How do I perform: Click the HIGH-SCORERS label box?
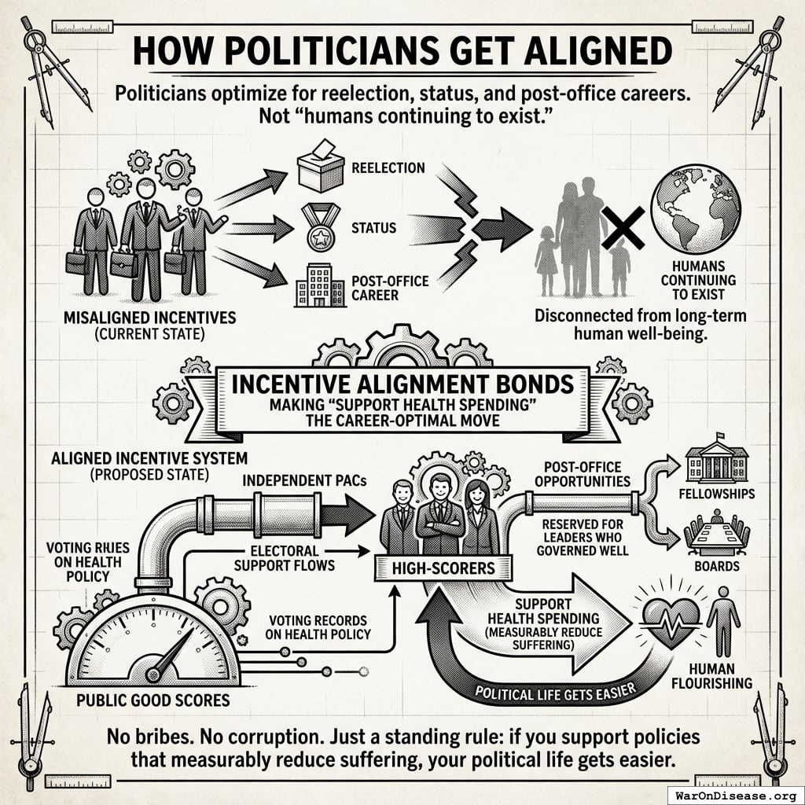pos(443,566)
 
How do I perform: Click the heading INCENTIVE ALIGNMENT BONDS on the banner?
pos(402,385)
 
